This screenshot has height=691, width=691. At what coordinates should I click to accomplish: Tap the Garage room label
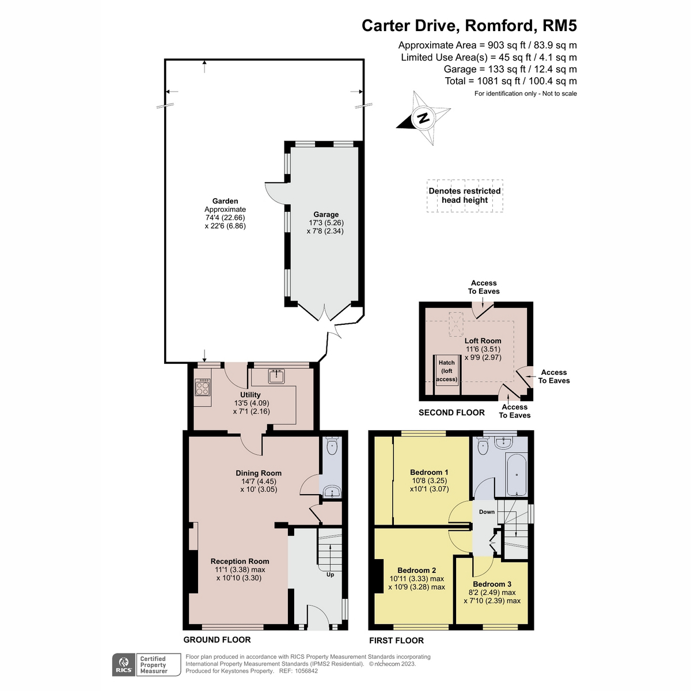[325, 214]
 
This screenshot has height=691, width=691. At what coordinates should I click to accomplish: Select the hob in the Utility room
[203, 388]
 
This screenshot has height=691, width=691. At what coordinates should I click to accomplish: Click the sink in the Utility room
[276, 376]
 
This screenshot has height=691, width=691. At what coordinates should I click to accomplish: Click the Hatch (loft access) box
[446, 375]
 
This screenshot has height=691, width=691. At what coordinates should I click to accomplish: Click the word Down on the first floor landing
[487, 512]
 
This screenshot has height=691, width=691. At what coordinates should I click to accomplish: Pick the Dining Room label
[258, 473]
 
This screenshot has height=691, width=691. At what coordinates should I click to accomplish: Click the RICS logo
[124, 664]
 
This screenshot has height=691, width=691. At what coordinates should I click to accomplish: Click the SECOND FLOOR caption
[451, 412]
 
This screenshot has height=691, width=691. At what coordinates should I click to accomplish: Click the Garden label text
[225, 201]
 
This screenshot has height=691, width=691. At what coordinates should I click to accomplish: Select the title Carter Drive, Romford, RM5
[469, 26]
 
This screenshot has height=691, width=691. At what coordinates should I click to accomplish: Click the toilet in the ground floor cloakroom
[332, 445]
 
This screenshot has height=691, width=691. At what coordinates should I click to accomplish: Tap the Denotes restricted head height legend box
[465, 196]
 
